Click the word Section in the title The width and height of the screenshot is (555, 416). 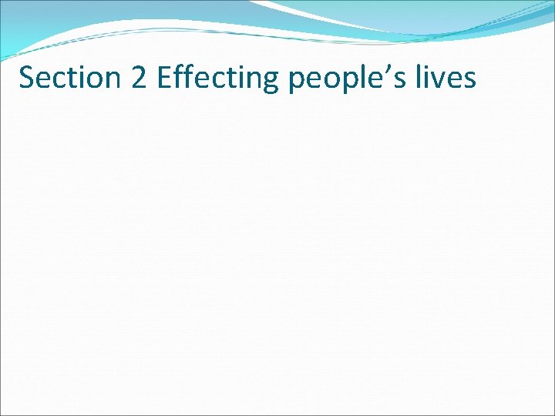69,78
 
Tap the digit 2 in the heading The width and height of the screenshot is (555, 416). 140,78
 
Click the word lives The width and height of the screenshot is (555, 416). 448,78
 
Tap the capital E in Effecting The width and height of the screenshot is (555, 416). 164,78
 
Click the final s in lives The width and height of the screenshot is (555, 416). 469,80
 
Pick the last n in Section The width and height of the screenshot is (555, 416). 113,80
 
